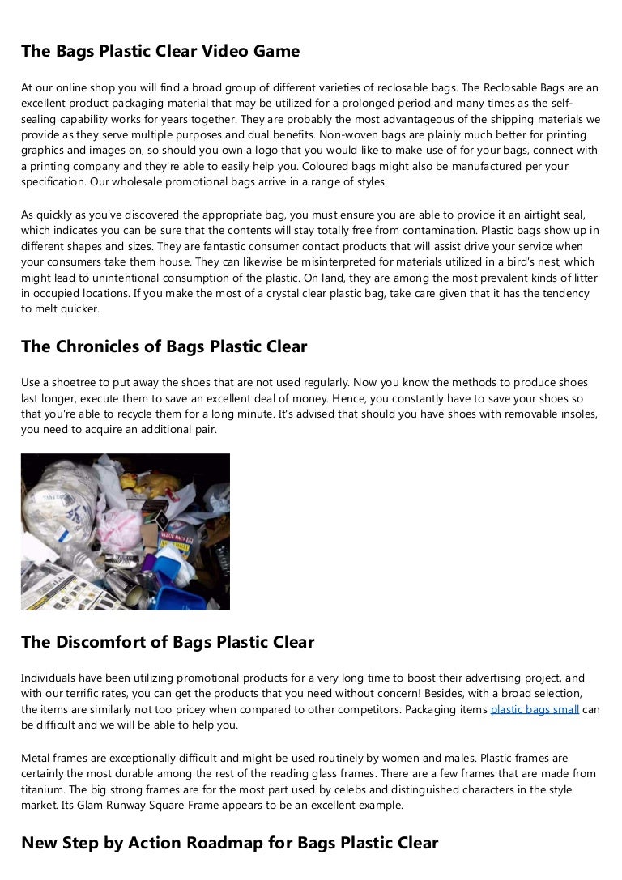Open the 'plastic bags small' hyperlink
click(535, 709)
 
